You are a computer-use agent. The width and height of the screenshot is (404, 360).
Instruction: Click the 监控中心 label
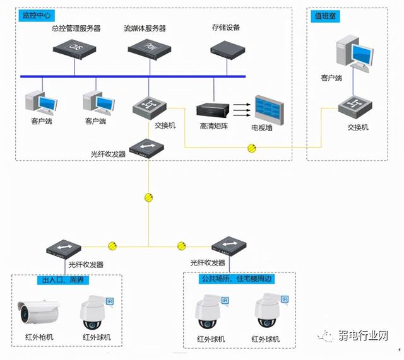click(37, 15)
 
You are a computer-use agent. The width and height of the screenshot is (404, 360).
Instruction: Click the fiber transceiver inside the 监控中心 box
click(146, 147)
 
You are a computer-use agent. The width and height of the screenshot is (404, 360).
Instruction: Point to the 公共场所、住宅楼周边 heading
click(236, 278)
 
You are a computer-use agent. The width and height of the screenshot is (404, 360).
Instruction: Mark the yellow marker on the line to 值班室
click(251, 148)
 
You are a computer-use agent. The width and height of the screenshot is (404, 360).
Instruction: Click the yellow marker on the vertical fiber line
click(149, 197)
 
